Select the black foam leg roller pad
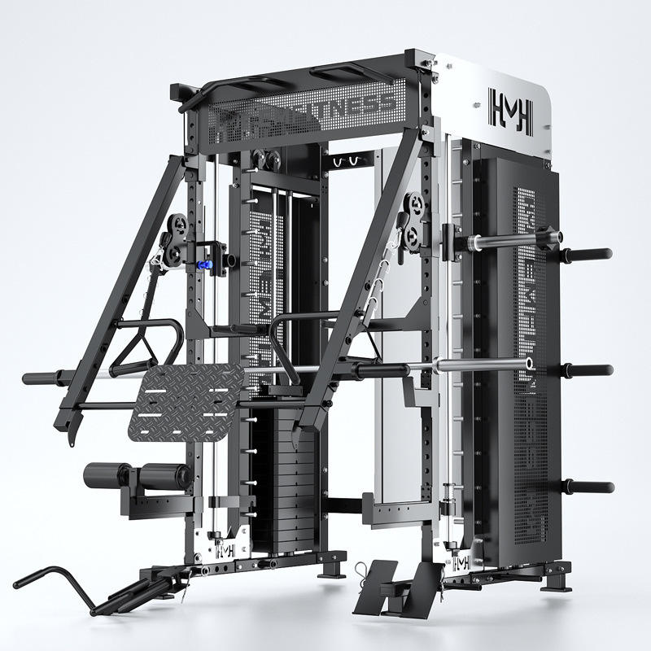(137, 474)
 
